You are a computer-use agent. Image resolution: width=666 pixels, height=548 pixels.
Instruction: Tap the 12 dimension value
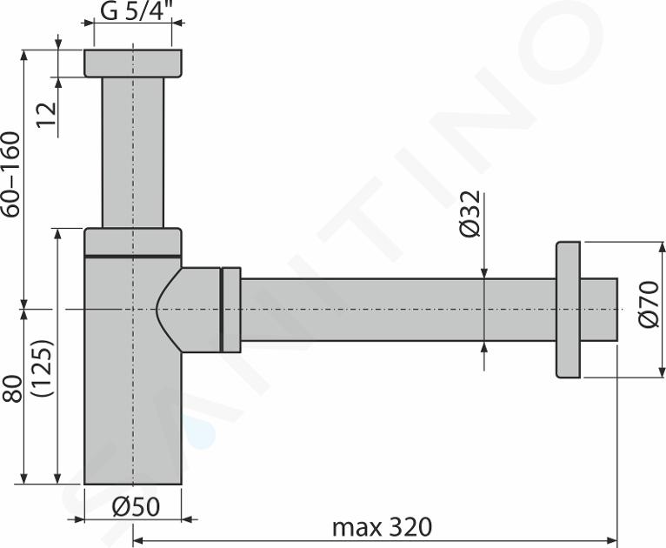(46, 114)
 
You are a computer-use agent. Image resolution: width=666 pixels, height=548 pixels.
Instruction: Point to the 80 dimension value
(12, 388)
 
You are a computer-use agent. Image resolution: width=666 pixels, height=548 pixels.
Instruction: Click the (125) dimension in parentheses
(43, 368)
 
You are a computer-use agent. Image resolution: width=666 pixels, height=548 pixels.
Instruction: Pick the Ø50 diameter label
(136, 506)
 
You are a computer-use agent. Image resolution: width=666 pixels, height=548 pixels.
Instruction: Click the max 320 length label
(382, 527)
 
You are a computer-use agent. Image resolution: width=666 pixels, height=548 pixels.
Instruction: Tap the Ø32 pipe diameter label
(470, 214)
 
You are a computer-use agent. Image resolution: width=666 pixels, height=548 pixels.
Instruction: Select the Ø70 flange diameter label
(649, 304)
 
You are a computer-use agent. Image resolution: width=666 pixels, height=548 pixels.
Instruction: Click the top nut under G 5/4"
(133, 63)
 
